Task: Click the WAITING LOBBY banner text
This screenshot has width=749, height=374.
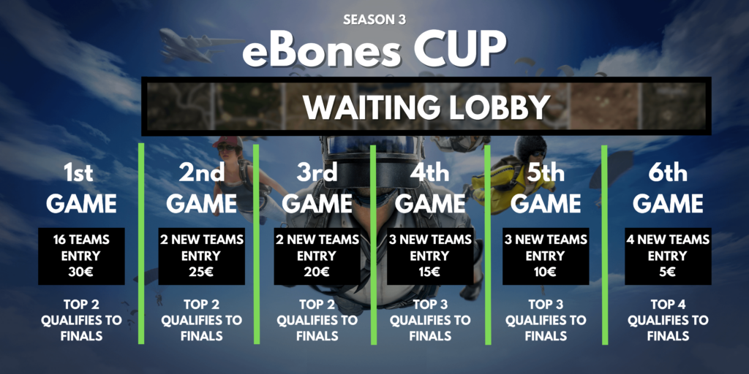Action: (426, 107)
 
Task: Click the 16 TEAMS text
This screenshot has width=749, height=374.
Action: (82, 239)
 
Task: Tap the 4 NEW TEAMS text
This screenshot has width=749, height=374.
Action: (668, 239)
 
